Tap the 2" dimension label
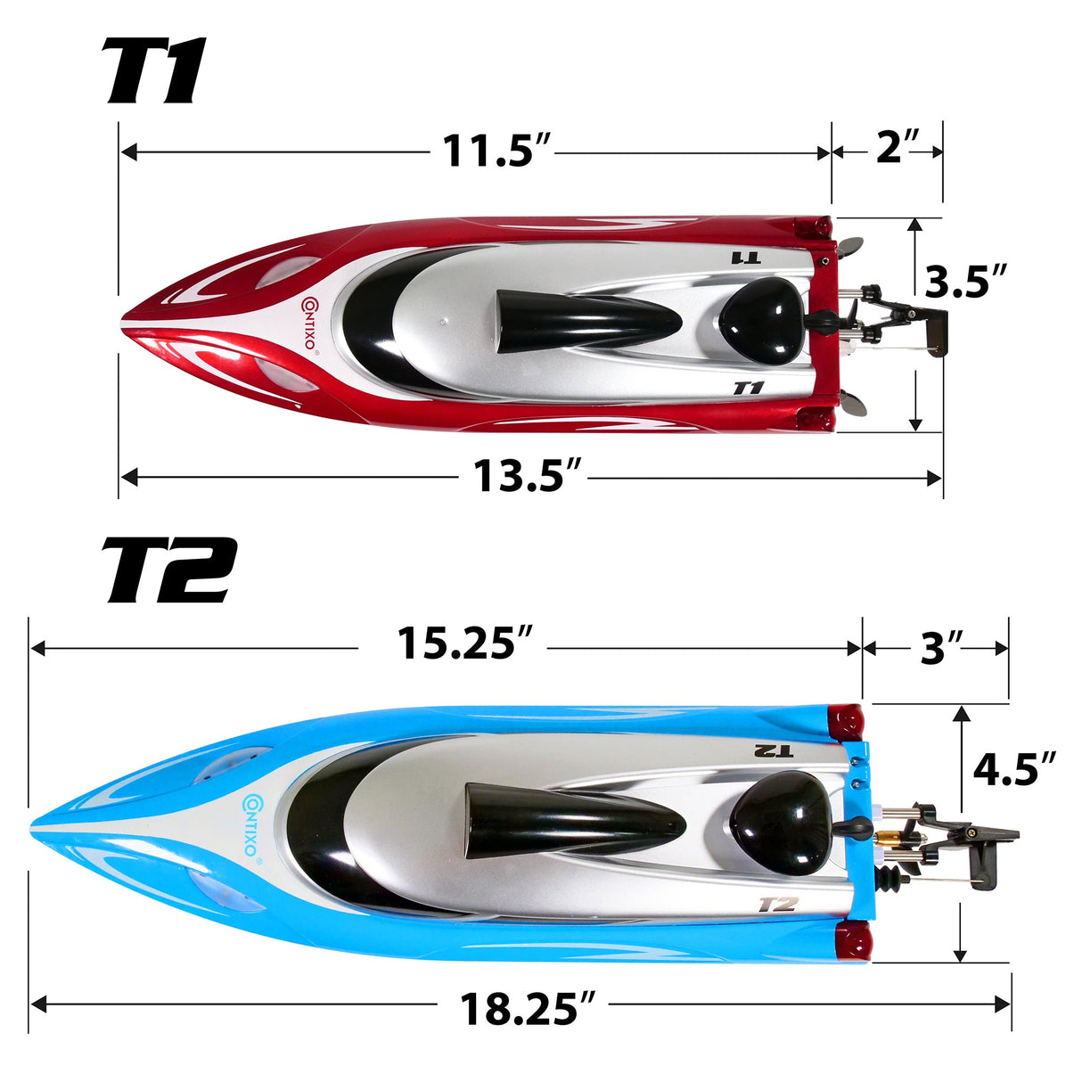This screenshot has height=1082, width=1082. (897, 148)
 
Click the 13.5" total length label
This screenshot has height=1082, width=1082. (527, 476)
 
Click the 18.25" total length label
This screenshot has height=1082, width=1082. (527, 1009)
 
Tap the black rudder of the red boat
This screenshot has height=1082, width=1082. (935, 332)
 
